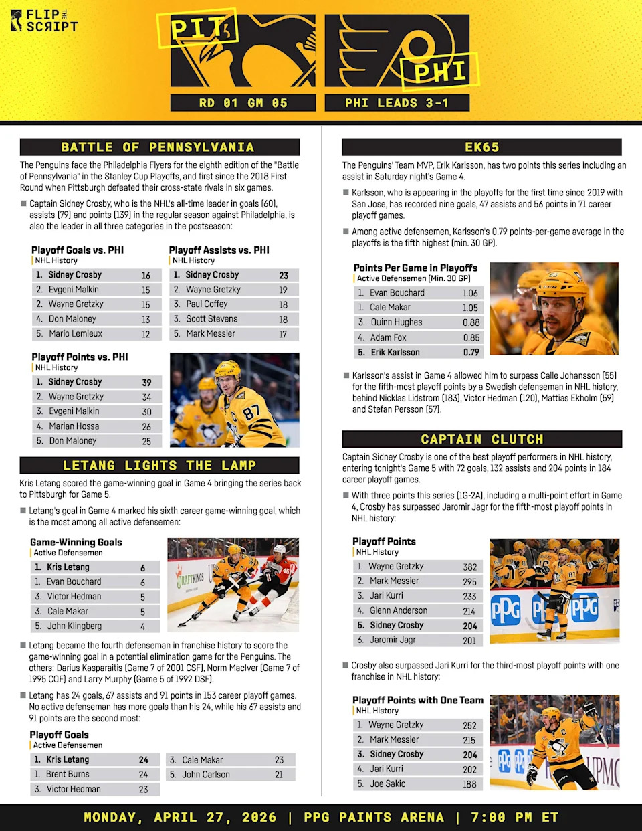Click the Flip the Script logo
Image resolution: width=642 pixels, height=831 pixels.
point(44,21)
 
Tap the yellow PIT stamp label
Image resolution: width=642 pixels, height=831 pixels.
point(198,29)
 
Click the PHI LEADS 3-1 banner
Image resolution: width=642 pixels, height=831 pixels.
point(397,103)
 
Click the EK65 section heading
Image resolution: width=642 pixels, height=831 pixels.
point(481,147)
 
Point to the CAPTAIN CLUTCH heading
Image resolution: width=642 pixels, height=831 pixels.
point(481,439)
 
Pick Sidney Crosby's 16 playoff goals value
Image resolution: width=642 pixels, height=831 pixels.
point(146,276)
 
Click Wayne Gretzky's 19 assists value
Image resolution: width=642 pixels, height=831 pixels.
point(283,290)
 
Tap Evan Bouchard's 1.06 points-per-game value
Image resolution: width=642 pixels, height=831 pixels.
point(470,293)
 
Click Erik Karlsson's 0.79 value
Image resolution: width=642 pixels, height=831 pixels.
point(471,352)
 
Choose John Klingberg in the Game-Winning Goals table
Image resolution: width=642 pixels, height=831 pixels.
point(74,626)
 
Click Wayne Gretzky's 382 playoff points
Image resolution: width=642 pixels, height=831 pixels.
point(469,567)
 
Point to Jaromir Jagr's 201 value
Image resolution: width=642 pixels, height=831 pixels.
point(469,640)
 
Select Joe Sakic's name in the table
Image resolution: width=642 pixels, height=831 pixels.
point(388,783)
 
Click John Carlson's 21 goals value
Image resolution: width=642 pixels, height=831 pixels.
point(279,775)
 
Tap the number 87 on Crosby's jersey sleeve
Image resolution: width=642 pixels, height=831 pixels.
point(252,412)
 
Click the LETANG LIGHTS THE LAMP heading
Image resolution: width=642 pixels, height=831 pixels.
point(159,466)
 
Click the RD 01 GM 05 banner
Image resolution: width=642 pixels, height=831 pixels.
point(243,103)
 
